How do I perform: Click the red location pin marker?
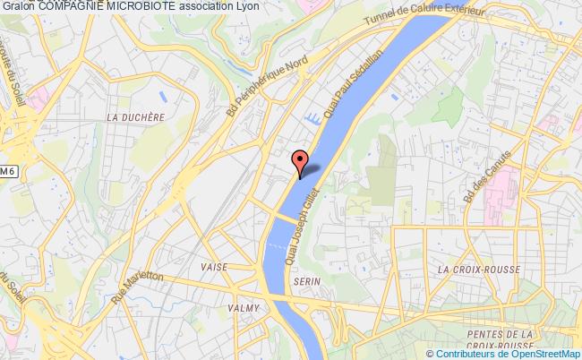point(302,160)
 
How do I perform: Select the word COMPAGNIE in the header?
point(73,6)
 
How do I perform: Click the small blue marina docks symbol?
point(313,118)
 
